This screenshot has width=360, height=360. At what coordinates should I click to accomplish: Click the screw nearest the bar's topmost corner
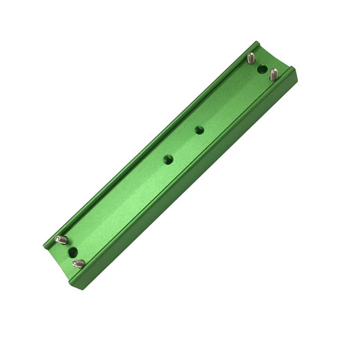click(x=251, y=58)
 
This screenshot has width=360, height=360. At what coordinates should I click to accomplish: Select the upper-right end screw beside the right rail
click(x=274, y=74)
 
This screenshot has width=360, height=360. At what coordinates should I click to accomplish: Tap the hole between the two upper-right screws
click(x=262, y=69)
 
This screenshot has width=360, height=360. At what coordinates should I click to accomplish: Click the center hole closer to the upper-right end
click(x=199, y=130)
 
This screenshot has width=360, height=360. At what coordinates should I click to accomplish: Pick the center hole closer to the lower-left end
click(x=168, y=159)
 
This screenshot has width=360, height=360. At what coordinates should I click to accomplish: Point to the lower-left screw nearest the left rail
click(x=61, y=240)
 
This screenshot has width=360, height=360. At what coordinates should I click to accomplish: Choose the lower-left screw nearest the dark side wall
click(x=78, y=264)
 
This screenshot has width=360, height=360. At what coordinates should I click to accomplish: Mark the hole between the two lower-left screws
click(x=73, y=252)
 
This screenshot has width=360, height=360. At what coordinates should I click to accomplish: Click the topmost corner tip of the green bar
click(x=257, y=42)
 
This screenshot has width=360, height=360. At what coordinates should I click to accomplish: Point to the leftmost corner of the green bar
click(x=44, y=247)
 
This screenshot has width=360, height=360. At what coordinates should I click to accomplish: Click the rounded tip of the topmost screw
click(x=251, y=54)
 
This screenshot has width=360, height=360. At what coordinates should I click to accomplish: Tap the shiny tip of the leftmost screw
click(x=57, y=238)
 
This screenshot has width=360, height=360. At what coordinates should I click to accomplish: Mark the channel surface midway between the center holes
click(x=184, y=145)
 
